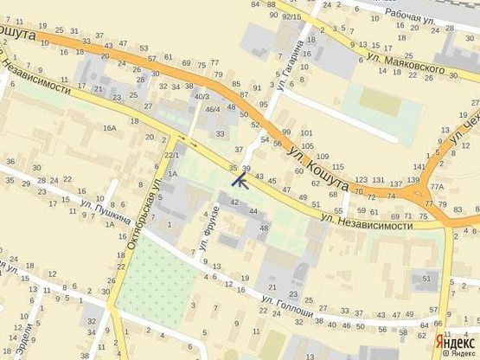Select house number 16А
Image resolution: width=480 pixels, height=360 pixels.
tap(109, 128)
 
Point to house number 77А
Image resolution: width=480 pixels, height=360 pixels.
tap(437, 186)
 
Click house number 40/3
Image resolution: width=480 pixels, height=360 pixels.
tap(202, 96)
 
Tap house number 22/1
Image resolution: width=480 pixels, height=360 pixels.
tap(170, 155)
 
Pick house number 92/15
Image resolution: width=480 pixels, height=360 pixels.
tap(291, 16)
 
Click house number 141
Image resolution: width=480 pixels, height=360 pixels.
tap(419, 166)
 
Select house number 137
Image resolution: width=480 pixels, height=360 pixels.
tap(397, 183)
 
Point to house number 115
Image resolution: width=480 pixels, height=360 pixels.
tap(338, 166)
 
